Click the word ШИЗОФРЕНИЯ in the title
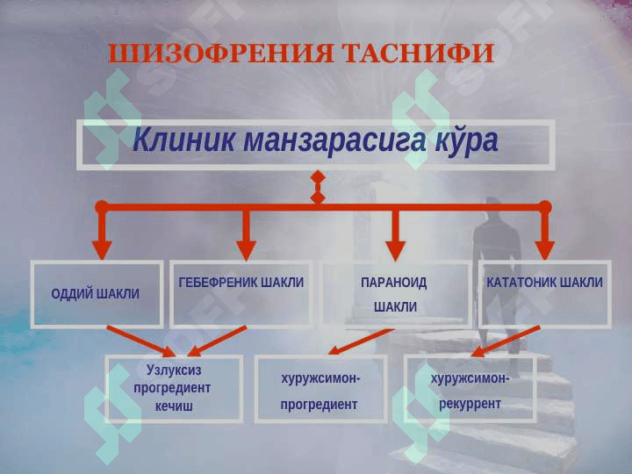219,54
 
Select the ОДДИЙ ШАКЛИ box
97,294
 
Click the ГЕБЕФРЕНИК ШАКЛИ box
241,294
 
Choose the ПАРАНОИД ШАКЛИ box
395,294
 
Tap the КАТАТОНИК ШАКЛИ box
544,294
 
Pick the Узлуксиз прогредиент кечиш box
174,388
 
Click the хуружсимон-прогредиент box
320,388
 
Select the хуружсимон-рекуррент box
470,388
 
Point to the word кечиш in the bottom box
174,406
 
